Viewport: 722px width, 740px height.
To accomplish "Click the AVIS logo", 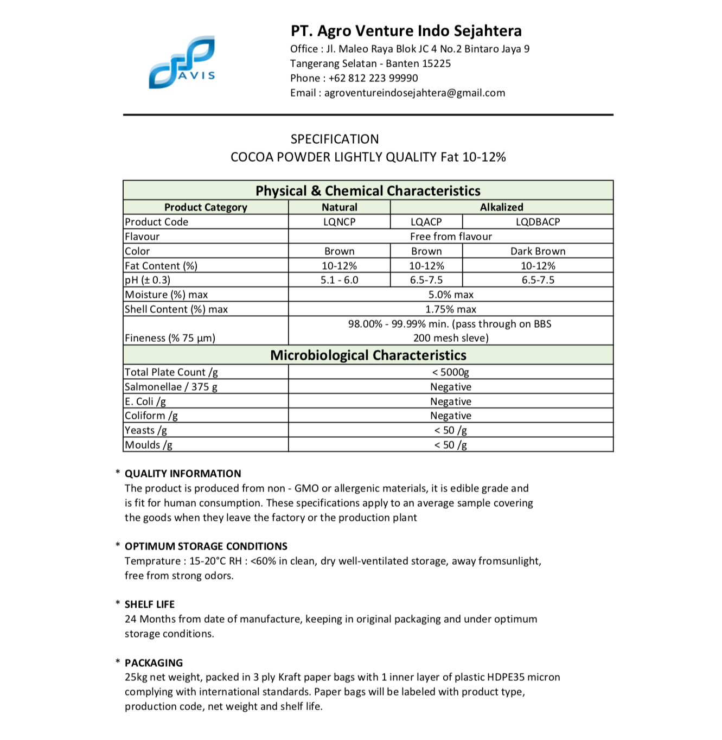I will pyautogui.click(x=182, y=62).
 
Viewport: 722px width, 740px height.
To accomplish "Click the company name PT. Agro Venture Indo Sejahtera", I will pyautogui.click(x=406, y=31).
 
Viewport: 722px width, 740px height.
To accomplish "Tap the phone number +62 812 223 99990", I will pyautogui.click(x=373, y=78).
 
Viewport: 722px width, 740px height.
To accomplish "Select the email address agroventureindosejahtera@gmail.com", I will pyautogui.click(x=414, y=93).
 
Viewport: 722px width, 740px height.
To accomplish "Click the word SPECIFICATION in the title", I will pyautogui.click(x=335, y=139).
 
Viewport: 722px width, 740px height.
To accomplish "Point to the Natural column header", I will pyautogui.click(x=339, y=207).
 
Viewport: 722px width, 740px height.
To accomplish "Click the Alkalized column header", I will pyautogui.click(x=501, y=207).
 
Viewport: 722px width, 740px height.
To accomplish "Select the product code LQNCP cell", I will pyautogui.click(x=339, y=222).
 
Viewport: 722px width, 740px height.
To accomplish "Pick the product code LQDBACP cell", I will pyautogui.click(x=538, y=222).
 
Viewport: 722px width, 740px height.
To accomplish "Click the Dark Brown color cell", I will pyautogui.click(x=538, y=251).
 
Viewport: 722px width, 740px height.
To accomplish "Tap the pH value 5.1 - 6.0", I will pyautogui.click(x=339, y=280).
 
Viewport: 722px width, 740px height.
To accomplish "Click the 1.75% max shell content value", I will pyautogui.click(x=450, y=309).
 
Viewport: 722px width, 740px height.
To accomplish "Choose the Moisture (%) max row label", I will pyautogui.click(x=167, y=295).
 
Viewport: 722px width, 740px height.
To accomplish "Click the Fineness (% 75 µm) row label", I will pyautogui.click(x=170, y=338).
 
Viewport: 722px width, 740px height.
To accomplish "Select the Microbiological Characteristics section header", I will pyautogui.click(x=368, y=355).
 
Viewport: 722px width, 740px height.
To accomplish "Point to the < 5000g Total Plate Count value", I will pyautogui.click(x=450, y=372).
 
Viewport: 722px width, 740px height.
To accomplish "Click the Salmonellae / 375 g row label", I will pyautogui.click(x=171, y=387).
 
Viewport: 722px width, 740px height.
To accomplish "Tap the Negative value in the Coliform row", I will pyautogui.click(x=450, y=416).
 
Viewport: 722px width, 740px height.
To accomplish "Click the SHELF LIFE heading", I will pyautogui.click(x=150, y=604).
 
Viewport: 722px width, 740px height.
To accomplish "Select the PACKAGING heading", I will pyautogui.click(x=154, y=663).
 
